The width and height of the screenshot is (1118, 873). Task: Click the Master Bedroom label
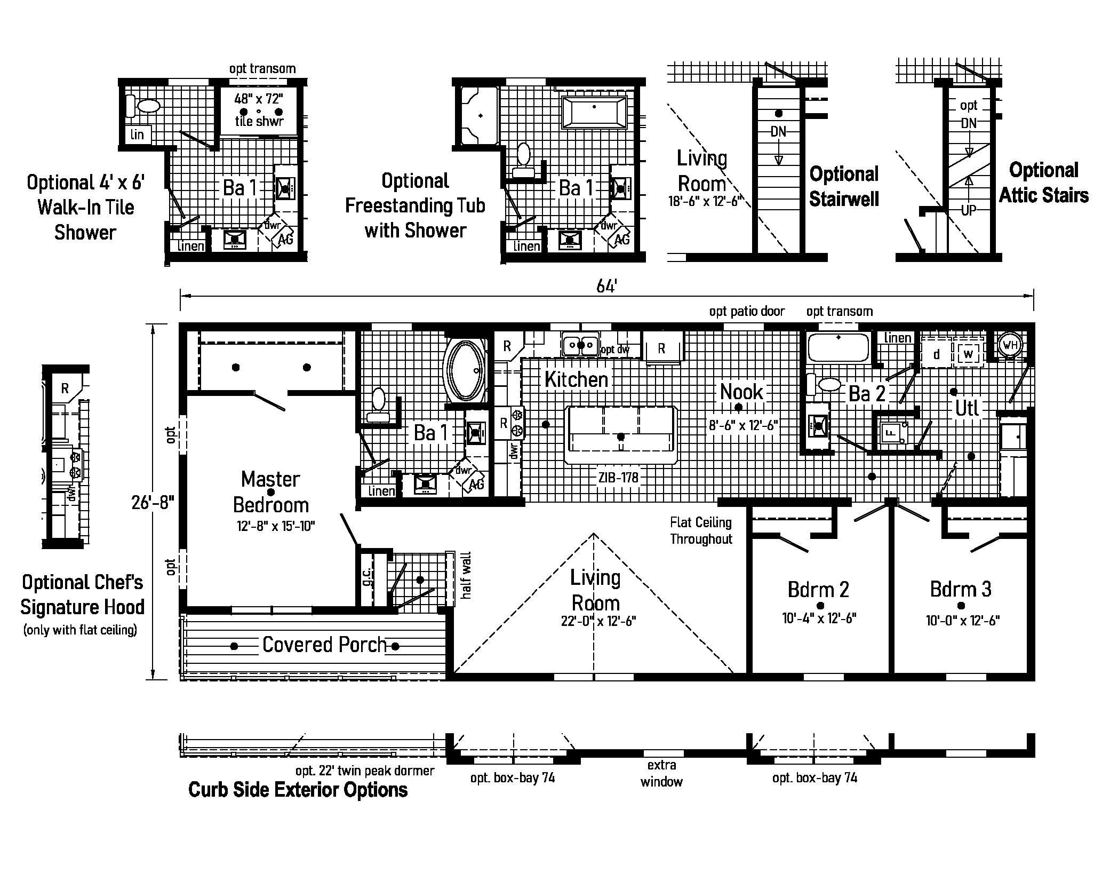(x=271, y=491)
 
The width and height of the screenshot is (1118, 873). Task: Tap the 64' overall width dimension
(x=606, y=287)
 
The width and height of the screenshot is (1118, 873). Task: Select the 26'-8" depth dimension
(x=153, y=502)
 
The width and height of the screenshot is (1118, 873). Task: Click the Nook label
(x=741, y=392)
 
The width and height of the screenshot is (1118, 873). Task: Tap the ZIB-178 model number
(x=618, y=478)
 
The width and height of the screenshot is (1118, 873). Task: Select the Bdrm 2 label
(x=818, y=590)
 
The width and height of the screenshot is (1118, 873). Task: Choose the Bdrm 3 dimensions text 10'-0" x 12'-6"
(x=962, y=621)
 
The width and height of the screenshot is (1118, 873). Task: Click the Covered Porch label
(x=324, y=645)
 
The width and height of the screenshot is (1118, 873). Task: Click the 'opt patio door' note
(x=747, y=312)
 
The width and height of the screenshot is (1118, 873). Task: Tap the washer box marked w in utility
(x=969, y=354)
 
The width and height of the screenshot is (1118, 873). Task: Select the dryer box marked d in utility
(x=937, y=354)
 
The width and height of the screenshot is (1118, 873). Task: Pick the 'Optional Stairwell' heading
(x=844, y=186)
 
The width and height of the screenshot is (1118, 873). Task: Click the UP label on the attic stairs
(x=969, y=210)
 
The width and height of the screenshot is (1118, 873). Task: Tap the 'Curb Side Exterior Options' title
(x=298, y=790)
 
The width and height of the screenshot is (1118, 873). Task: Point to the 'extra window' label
(x=661, y=773)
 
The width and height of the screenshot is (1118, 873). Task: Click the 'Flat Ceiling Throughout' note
(x=701, y=530)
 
